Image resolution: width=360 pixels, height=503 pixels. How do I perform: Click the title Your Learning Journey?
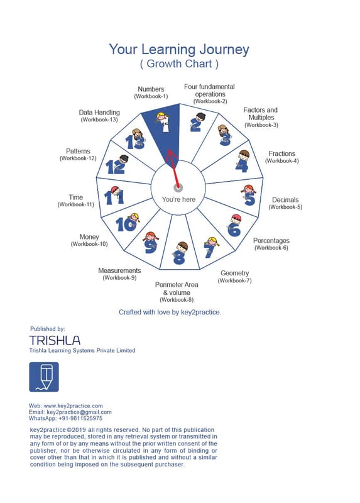[179, 50]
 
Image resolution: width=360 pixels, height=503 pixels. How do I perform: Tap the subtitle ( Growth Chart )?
[179, 64]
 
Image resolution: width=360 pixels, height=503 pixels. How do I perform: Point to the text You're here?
[178, 199]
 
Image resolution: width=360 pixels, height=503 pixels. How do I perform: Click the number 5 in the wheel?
[249, 199]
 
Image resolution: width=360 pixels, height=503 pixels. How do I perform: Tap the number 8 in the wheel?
[179, 258]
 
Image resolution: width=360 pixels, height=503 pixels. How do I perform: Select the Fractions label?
[282, 153]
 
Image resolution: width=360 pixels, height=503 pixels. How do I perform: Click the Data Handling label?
[99, 113]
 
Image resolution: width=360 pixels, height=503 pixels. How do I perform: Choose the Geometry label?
[234, 273]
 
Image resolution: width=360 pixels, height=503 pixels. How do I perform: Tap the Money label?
[89, 237]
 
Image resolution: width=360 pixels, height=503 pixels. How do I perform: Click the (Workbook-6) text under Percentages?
[271, 248]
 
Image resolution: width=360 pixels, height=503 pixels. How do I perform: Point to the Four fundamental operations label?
[210, 91]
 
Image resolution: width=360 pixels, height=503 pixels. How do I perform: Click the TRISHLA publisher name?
[55, 340]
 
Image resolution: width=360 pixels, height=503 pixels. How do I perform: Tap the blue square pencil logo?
[44, 377]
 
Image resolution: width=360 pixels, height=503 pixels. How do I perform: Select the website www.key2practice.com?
[73, 406]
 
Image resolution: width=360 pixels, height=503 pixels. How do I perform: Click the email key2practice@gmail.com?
[79, 412]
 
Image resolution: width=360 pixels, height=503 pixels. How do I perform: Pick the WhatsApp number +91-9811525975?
[80, 418]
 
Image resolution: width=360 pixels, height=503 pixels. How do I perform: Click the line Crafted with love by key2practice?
[170, 312]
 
